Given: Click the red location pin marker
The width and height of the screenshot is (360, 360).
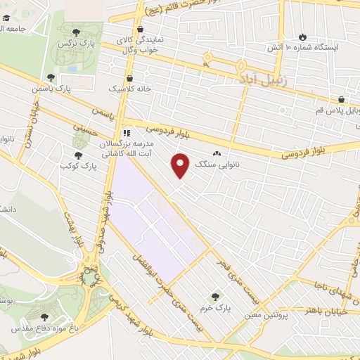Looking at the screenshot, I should pyautogui.click(x=181, y=165).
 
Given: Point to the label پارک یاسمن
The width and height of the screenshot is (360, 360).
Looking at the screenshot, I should pyautogui.click(x=52, y=89).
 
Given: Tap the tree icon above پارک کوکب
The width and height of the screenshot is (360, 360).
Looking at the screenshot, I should pyautogui.click(x=79, y=155).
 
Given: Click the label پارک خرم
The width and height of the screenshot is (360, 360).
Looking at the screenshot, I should pyautogui.click(x=219, y=308).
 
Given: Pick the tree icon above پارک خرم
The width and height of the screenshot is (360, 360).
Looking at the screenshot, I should pyautogui.click(x=215, y=297).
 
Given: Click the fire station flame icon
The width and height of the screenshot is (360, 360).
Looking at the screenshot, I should pyautogui.click(x=303, y=37).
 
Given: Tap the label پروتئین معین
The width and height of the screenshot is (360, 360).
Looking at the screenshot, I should pyautogui.click(x=267, y=315).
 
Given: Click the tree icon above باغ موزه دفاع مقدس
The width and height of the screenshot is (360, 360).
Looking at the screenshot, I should pyautogui.click(x=44, y=317).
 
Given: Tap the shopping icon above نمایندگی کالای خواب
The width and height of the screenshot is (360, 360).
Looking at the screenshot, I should pyautogui.click(x=141, y=30).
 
